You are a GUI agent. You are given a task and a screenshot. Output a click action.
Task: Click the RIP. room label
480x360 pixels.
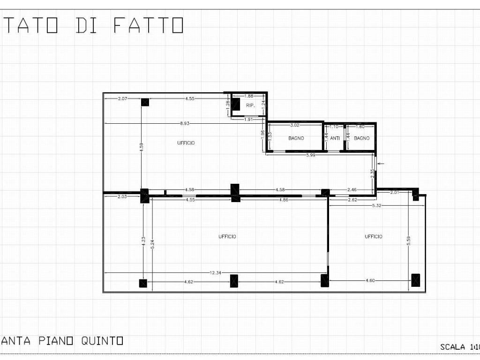pyautogui.click(x=250, y=106)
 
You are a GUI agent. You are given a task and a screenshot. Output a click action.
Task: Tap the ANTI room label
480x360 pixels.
pyautogui.click(x=335, y=138)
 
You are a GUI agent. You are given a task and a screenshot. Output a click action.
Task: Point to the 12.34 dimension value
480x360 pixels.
pyautogui.click(x=216, y=273)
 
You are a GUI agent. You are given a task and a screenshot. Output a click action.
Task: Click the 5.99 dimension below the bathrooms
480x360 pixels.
pyautogui.click(x=310, y=155)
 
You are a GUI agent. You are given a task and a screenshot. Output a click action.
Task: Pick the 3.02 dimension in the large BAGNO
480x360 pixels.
pyautogui.click(x=295, y=126)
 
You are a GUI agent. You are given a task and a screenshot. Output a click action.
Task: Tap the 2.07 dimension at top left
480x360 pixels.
pyautogui.click(x=123, y=99)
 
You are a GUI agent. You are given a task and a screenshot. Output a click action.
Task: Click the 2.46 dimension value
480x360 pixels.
pyautogui.click(x=352, y=190)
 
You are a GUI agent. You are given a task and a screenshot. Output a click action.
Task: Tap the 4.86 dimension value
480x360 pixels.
pyautogui.click(x=284, y=200)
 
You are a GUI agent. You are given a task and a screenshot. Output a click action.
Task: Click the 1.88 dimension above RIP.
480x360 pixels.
pyautogui.click(x=249, y=96)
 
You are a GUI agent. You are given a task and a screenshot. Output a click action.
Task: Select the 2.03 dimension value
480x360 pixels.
pyautogui.click(x=122, y=197)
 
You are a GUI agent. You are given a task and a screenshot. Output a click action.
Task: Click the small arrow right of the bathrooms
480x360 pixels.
pyautogui.click(x=381, y=164)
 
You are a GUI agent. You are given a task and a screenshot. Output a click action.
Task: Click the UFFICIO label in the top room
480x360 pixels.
pyautogui.click(x=186, y=143)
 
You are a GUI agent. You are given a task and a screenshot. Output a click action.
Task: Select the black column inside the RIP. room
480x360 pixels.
pyautogui.click(x=236, y=104)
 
